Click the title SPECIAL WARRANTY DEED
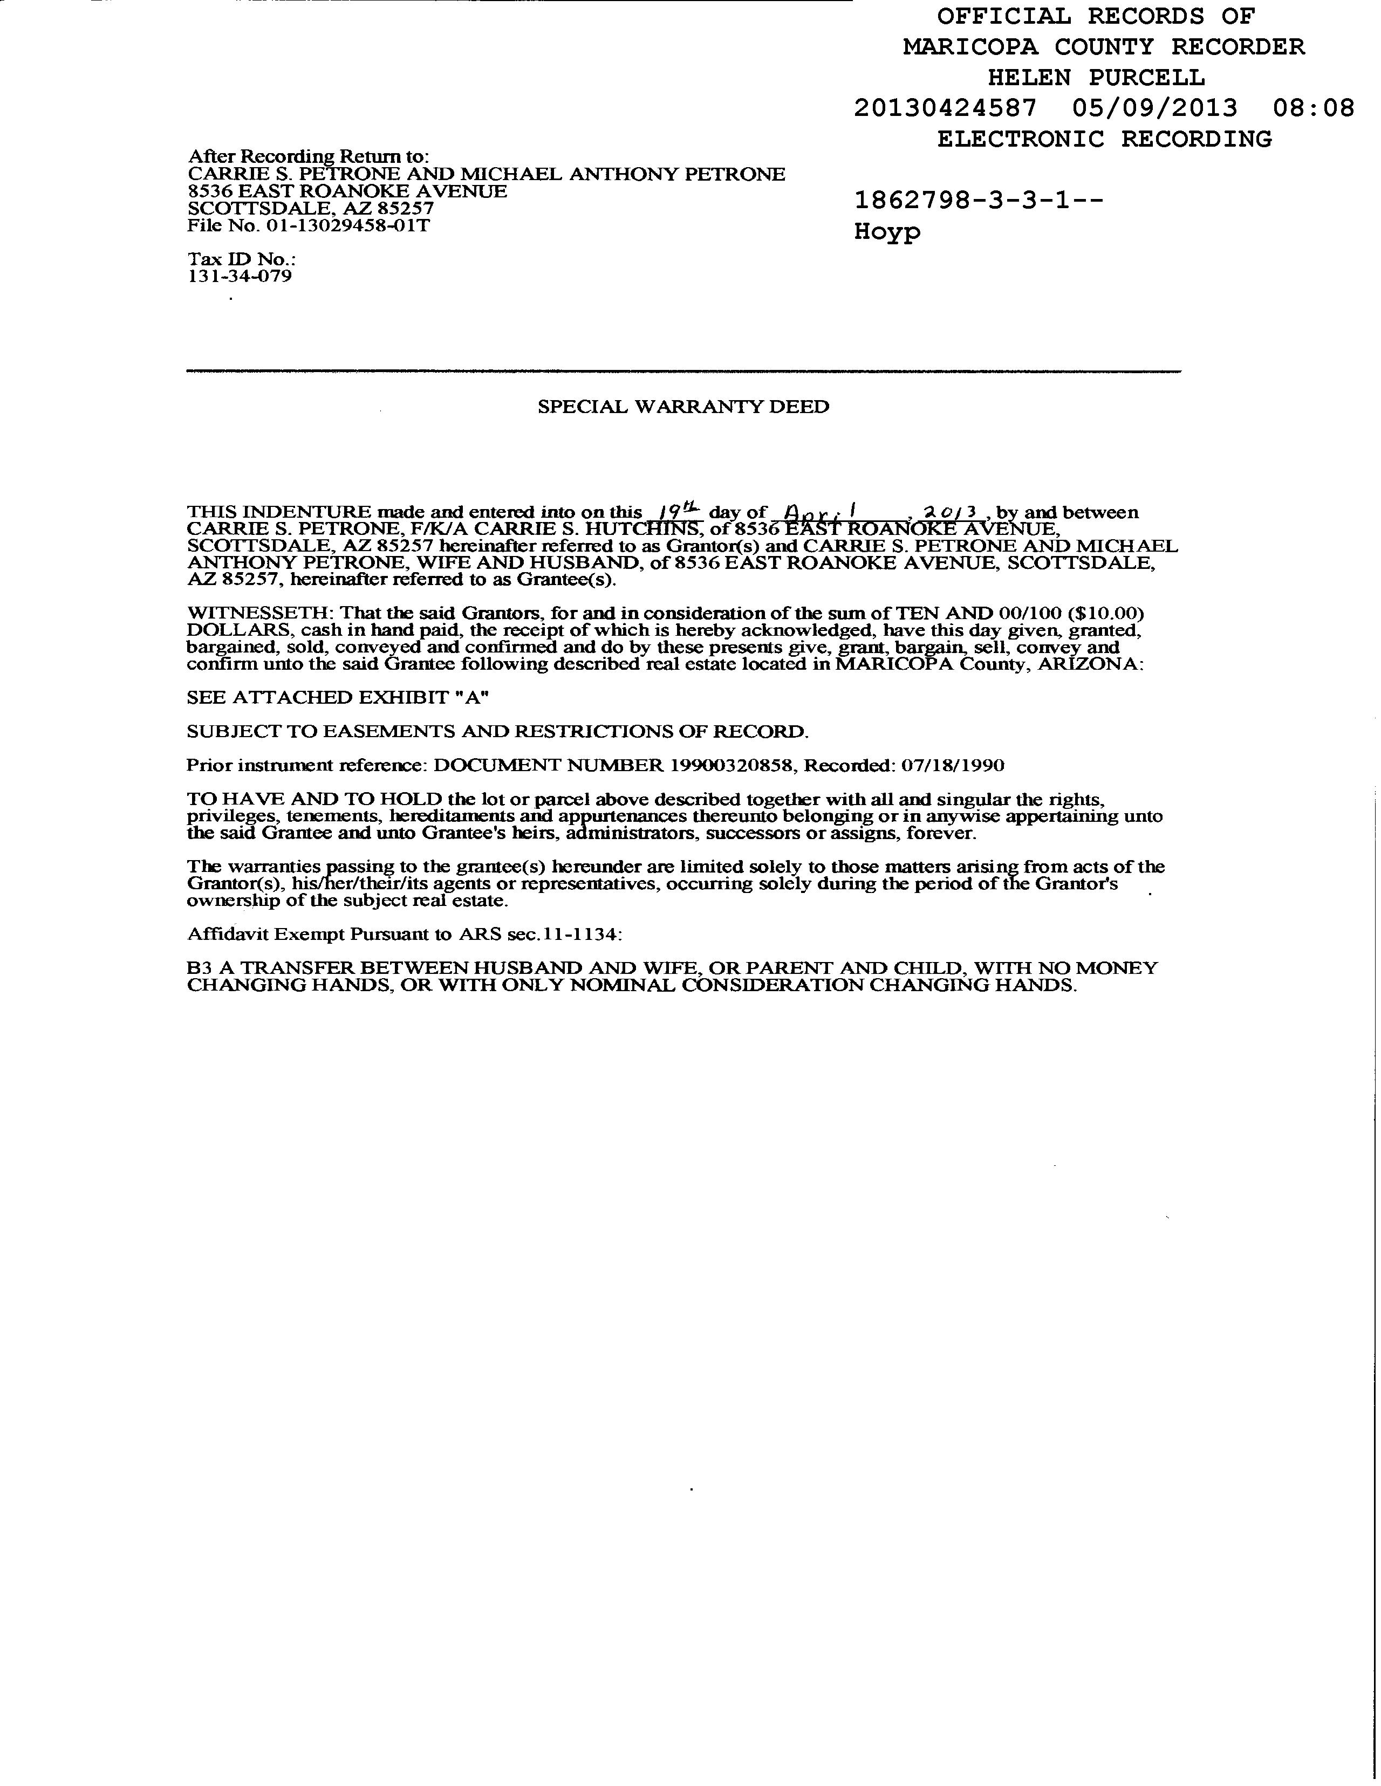[x=683, y=407]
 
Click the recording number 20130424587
[x=945, y=108]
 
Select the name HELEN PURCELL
[x=1096, y=78]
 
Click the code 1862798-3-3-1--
[x=979, y=201]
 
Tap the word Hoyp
[x=887, y=232]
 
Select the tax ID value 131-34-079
[x=240, y=276]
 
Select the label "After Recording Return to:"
[x=309, y=156]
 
